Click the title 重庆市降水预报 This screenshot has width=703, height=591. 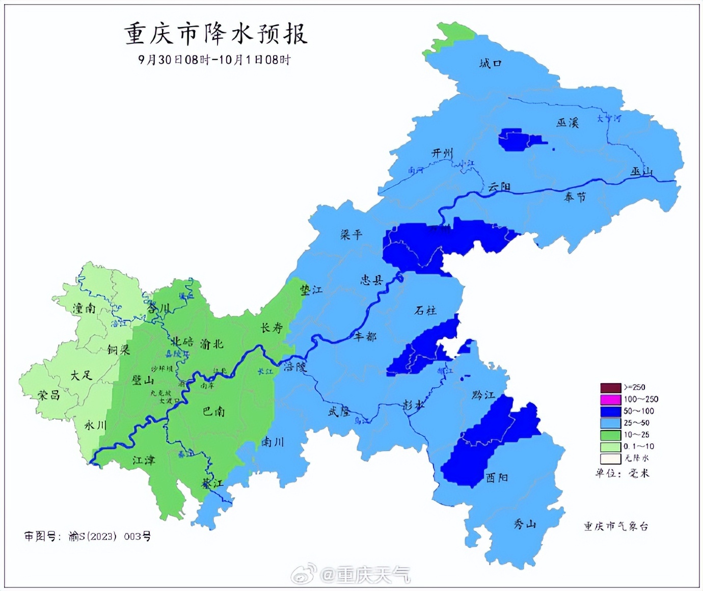(x=216, y=35)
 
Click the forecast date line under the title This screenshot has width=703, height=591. (x=214, y=60)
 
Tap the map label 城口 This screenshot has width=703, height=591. (x=490, y=63)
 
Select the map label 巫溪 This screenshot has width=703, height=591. (x=567, y=123)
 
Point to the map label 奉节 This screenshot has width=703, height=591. (x=575, y=197)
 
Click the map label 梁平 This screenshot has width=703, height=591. (x=351, y=235)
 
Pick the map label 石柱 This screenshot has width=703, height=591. (x=425, y=310)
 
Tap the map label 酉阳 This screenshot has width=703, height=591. (x=496, y=477)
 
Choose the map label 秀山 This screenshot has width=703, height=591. (x=524, y=524)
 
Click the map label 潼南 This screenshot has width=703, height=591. (x=84, y=308)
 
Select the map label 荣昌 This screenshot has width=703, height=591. (x=49, y=395)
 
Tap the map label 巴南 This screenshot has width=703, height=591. (x=213, y=411)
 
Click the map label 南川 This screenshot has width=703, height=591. (x=273, y=442)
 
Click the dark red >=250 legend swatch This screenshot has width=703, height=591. (x=610, y=388)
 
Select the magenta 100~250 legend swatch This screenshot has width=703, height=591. (x=610, y=399)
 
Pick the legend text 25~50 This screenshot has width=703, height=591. (x=636, y=423)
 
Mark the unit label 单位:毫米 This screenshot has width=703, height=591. (x=622, y=473)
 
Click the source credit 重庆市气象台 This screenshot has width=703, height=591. (x=616, y=526)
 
